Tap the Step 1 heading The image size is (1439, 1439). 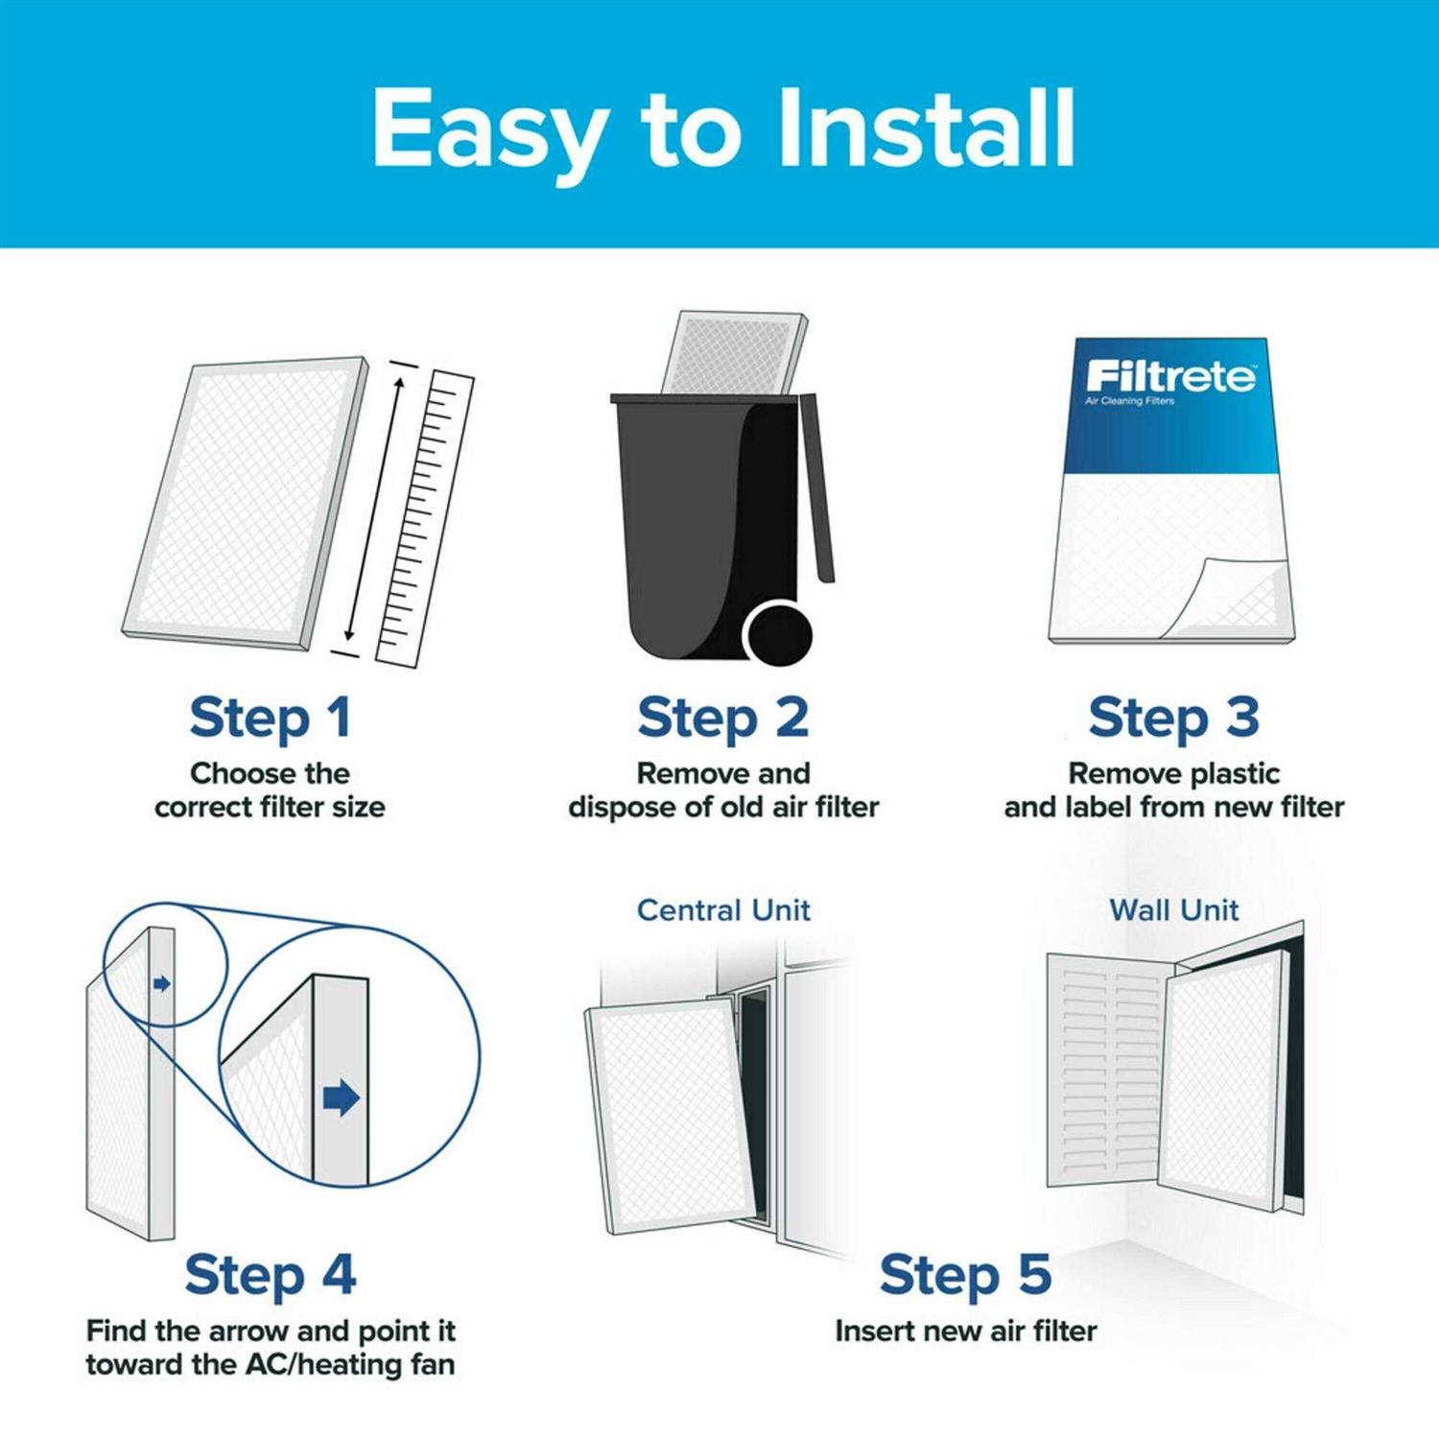click(x=271, y=718)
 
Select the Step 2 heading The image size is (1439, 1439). click(x=723, y=718)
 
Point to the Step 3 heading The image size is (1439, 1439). click(x=1173, y=718)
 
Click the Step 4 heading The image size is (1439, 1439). click(x=271, y=1274)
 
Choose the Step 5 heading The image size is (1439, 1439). click(x=965, y=1274)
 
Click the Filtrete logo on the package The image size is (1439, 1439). click(x=1170, y=375)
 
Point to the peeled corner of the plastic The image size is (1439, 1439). click(x=1233, y=595)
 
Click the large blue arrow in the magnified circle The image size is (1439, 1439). click(x=342, y=1097)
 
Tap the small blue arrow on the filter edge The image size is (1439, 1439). click(x=162, y=983)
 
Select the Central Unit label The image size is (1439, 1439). click(x=723, y=909)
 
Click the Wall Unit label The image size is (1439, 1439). click(x=1173, y=909)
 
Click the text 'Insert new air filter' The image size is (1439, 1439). click(x=965, y=1331)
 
